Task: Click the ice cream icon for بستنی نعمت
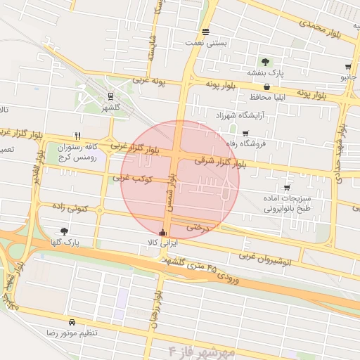point(205,32)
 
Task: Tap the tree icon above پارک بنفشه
point(266,62)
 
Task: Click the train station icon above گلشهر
point(110,97)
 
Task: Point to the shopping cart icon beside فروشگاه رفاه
point(245,134)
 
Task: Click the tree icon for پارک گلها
point(65,231)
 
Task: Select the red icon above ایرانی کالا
point(163,232)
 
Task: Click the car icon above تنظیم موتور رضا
point(72,321)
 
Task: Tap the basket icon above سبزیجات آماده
point(287,188)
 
